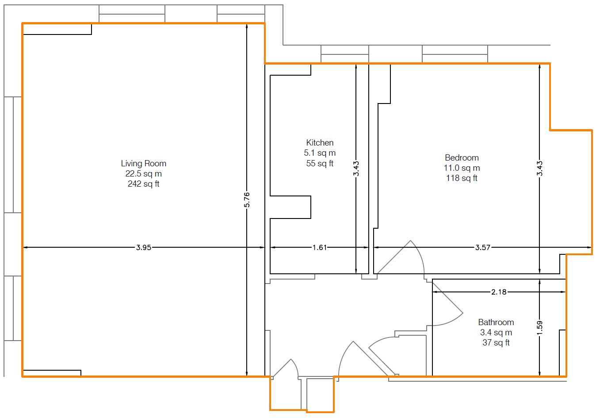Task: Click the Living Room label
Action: coord(143,164)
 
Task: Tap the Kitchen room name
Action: coord(320,143)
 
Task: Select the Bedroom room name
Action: coord(462,157)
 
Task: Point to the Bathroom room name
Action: coord(496,322)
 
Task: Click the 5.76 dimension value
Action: coord(247,199)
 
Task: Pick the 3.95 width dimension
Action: coord(143,247)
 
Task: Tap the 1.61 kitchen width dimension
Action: coord(320,247)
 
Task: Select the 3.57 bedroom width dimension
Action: coord(483,247)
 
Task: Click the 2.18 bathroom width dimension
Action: coord(499,292)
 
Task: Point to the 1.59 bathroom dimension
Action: coord(539,328)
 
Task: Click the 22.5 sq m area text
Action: coord(143,173)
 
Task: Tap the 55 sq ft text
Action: coord(320,163)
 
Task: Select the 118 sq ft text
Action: coord(462,178)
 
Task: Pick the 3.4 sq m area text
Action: coord(496,332)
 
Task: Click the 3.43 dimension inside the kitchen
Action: coord(356,169)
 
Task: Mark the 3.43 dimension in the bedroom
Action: coord(539,169)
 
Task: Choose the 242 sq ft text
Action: coord(143,184)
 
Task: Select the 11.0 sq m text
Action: coord(462,168)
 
